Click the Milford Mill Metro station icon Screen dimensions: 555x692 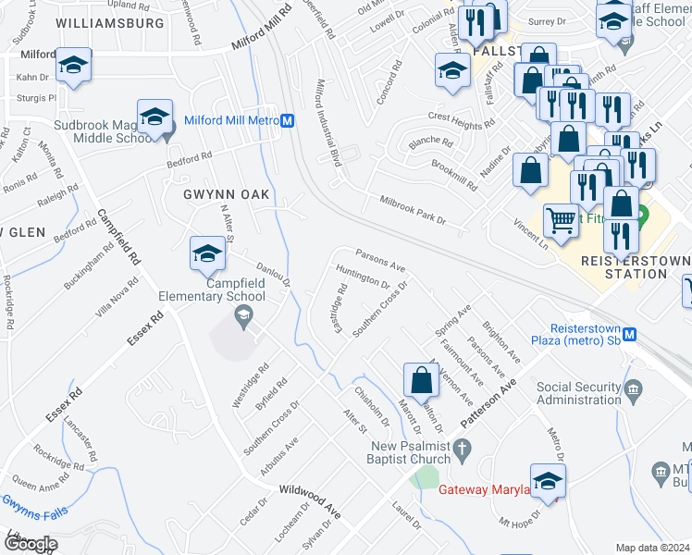pos(288,120)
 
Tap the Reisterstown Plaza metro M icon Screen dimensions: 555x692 pos(630,334)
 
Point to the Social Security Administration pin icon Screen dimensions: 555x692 pos(633,387)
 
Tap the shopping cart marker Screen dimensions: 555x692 pos(560,219)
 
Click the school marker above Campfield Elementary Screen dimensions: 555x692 pos(207,253)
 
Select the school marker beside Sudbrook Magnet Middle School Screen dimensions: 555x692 pos(154,117)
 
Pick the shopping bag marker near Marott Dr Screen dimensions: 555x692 pos(421,378)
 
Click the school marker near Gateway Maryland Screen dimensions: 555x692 pos(547,481)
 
